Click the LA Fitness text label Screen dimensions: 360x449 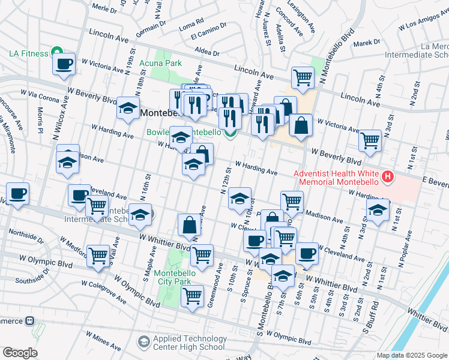coord(28,53)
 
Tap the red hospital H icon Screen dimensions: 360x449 coord(388,176)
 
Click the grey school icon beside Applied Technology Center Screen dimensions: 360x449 coord(143,342)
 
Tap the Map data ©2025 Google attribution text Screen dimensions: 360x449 coord(412,355)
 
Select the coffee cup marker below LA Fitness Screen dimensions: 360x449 coord(64,65)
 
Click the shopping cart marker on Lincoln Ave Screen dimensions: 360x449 coord(303,77)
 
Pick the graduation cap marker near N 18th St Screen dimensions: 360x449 coord(128,109)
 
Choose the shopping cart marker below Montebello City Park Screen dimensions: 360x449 coord(192,296)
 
